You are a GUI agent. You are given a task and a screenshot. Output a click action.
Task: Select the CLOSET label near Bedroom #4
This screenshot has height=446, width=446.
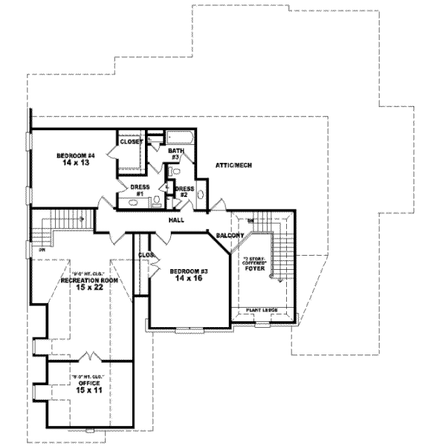click(131, 141)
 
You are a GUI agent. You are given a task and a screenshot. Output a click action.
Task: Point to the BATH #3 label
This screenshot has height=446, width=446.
click(175, 154)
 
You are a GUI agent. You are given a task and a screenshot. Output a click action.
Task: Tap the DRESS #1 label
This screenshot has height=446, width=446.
click(140, 190)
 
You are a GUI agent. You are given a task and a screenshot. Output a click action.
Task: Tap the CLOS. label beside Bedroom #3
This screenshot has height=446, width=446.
click(146, 255)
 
